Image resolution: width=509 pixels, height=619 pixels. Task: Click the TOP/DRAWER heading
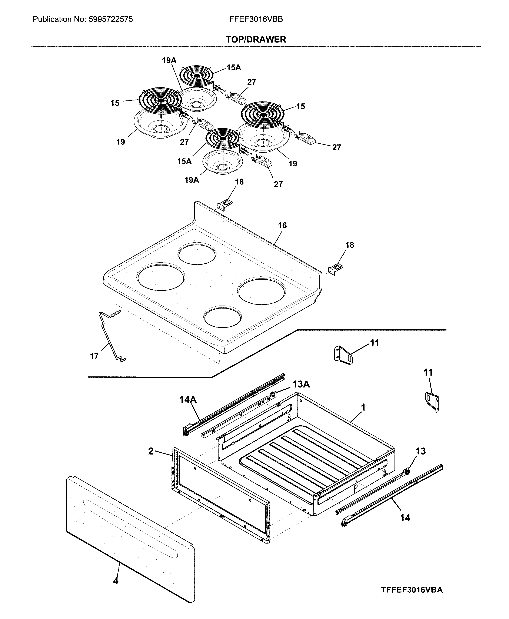[256, 39]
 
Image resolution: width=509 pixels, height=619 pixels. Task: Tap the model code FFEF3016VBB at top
[256, 19]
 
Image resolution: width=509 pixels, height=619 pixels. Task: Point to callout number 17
[94, 356]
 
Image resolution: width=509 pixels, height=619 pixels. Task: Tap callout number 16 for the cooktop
[282, 226]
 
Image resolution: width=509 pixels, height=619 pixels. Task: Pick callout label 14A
[188, 399]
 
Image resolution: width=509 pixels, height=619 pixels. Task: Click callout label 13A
[301, 384]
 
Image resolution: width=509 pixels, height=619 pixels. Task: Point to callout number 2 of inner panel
[151, 451]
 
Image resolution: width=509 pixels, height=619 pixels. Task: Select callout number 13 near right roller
[420, 451]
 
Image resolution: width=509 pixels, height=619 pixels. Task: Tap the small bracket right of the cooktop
[335, 269]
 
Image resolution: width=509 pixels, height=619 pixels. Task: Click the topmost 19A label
[169, 60]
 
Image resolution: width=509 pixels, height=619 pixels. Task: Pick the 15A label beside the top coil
[234, 68]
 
